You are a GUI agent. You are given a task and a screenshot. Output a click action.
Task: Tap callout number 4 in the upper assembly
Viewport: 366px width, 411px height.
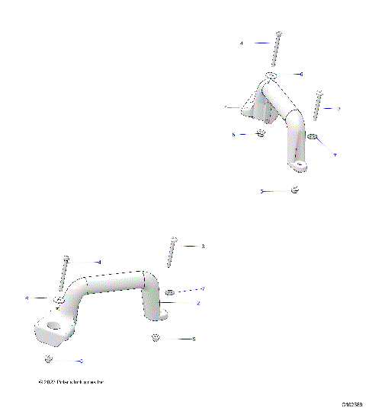242,44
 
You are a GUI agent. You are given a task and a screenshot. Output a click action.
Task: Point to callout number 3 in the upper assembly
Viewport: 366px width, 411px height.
339,109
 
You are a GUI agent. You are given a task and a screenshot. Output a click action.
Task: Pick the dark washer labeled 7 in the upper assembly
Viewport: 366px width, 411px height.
312,138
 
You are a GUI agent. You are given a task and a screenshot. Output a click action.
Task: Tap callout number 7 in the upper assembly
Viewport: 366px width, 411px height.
334,155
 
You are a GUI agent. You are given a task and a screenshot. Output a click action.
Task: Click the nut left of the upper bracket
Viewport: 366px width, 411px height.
260,134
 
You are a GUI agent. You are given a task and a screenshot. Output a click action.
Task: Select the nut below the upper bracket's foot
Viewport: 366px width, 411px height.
295,190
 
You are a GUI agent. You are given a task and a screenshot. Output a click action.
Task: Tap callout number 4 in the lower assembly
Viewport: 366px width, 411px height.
99,262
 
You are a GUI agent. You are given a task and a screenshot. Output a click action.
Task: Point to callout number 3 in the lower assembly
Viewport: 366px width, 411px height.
203,246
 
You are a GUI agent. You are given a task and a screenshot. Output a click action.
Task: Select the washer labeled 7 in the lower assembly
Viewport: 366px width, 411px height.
170,291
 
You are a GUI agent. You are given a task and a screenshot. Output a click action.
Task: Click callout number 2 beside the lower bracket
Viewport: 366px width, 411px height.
198,303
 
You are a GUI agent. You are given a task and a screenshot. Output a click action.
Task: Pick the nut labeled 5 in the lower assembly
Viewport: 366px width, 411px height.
155,336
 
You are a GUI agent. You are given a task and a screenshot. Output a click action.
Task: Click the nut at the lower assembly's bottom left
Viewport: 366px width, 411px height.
48,358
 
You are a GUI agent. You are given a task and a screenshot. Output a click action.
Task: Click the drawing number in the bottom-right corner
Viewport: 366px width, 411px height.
352,405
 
